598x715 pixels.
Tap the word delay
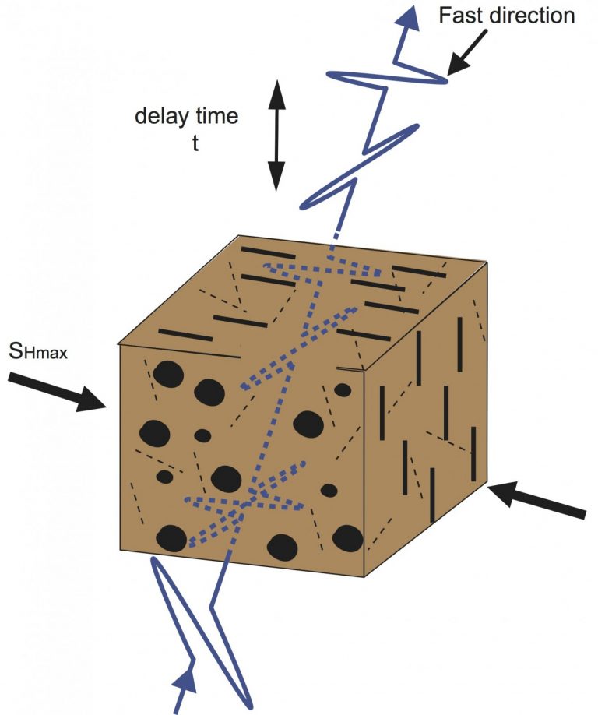click(x=158, y=118)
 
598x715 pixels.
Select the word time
click(x=214, y=118)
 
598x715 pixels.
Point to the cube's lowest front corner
click(x=364, y=576)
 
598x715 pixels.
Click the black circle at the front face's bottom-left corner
click(x=171, y=540)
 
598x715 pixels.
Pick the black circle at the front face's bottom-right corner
click(x=347, y=538)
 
